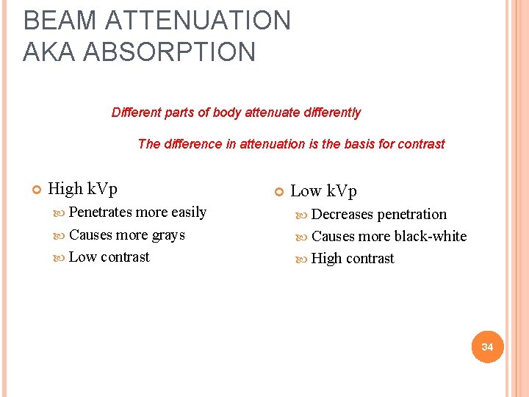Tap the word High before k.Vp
[x=65, y=189]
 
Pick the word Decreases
[x=342, y=215]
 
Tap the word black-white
[x=431, y=237]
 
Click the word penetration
[x=411, y=215]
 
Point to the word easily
[x=189, y=212]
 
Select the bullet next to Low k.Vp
[x=278, y=192]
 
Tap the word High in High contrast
[x=327, y=259]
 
